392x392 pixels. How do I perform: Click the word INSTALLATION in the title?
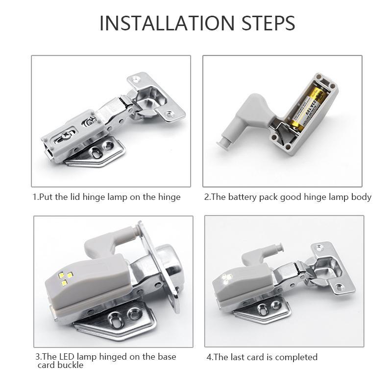(x=167, y=23)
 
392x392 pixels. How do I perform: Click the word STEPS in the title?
(x=268, y=23)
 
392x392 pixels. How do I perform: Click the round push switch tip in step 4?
(x=280, y=248)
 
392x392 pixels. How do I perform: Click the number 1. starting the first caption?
(x=36, y=197)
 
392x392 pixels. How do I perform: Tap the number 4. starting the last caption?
(x=210, y=357)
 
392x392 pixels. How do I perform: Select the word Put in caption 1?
(x=47, y=197)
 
